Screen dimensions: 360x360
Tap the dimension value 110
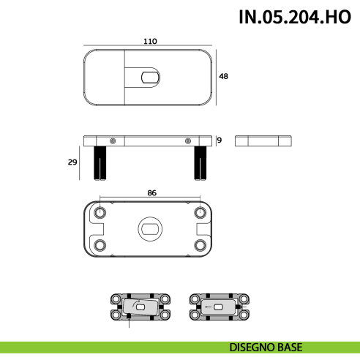(x=150, y=42)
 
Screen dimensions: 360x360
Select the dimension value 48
(x=225, y=77)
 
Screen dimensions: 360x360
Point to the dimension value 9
(x=219, y=140)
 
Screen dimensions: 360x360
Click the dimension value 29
(x=72, y=162)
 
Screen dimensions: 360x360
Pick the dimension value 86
(x=151, y=193)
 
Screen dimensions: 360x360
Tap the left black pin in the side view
(x=100, y=162)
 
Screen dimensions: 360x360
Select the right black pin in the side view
(x=200, y=162)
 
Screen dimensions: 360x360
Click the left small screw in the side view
(x=112, y=140)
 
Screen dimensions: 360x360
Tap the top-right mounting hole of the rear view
(x=200, y=212)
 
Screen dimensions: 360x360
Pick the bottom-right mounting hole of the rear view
(x=200, y=245)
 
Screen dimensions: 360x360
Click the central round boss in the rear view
(x=150, y=230)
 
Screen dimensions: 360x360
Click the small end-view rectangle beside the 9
(x=264, y=140)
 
